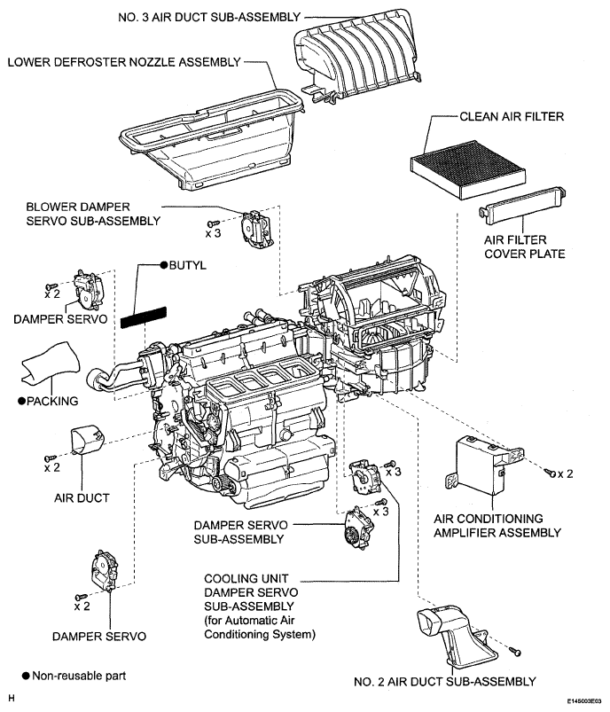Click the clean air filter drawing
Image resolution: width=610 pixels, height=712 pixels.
coord(468,170)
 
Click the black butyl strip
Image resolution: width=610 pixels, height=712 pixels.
coord(144,317)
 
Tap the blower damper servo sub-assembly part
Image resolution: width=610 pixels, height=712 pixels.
coord(256,230)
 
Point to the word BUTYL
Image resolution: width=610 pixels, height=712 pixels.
coord(188,265)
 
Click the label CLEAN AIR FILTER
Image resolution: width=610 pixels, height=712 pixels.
coord(512,117)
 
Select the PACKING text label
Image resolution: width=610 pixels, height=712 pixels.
coord(52,401)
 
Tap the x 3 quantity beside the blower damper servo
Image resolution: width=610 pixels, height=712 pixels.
coord(213,233)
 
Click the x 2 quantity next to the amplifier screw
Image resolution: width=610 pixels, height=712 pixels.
coord(566,474)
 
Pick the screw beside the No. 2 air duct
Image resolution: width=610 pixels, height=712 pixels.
coord(515,652)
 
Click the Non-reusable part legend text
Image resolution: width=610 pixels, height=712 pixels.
coord(79,677)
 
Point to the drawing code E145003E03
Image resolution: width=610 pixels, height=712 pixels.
coord(583,701)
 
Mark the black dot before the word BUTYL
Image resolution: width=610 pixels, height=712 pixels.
coord(164,265)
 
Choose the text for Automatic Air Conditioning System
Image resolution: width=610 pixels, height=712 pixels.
coord(260,627)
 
